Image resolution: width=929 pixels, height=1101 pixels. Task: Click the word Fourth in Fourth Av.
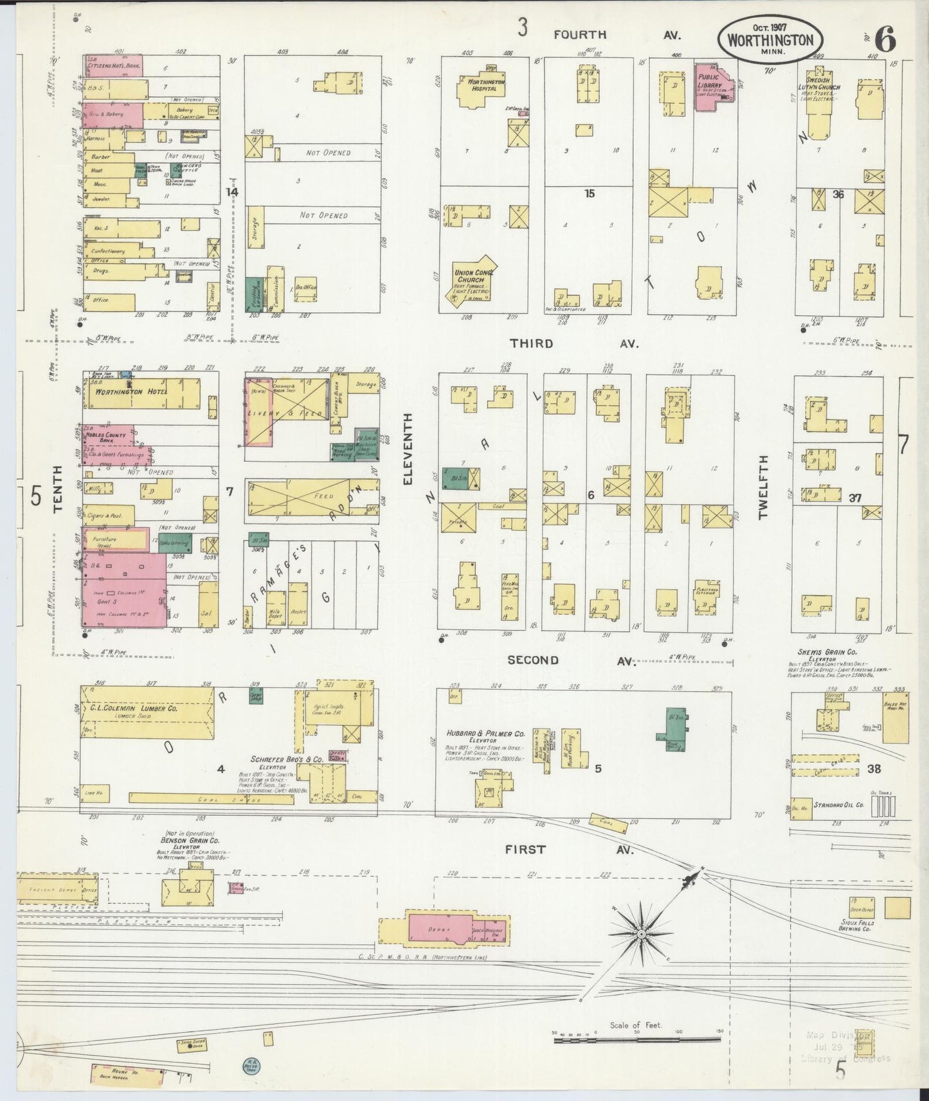(x=580, y=35)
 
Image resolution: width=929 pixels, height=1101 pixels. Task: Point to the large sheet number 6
(x=886, y=40)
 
